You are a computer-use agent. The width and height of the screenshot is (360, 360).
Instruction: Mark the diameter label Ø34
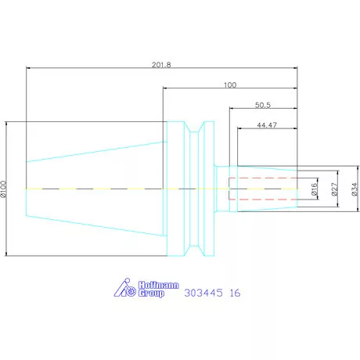tap(355, 189)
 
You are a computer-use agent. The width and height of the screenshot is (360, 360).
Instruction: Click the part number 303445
tap(202, 294)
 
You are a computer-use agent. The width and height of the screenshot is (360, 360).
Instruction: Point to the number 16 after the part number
tap(236, 294)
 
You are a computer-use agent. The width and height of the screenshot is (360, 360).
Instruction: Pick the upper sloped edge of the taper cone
tap(94, 151)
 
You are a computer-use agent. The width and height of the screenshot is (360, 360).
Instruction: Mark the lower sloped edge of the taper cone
tap(94, 227)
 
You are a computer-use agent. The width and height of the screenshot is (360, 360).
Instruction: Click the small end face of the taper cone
tap(27, 189)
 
